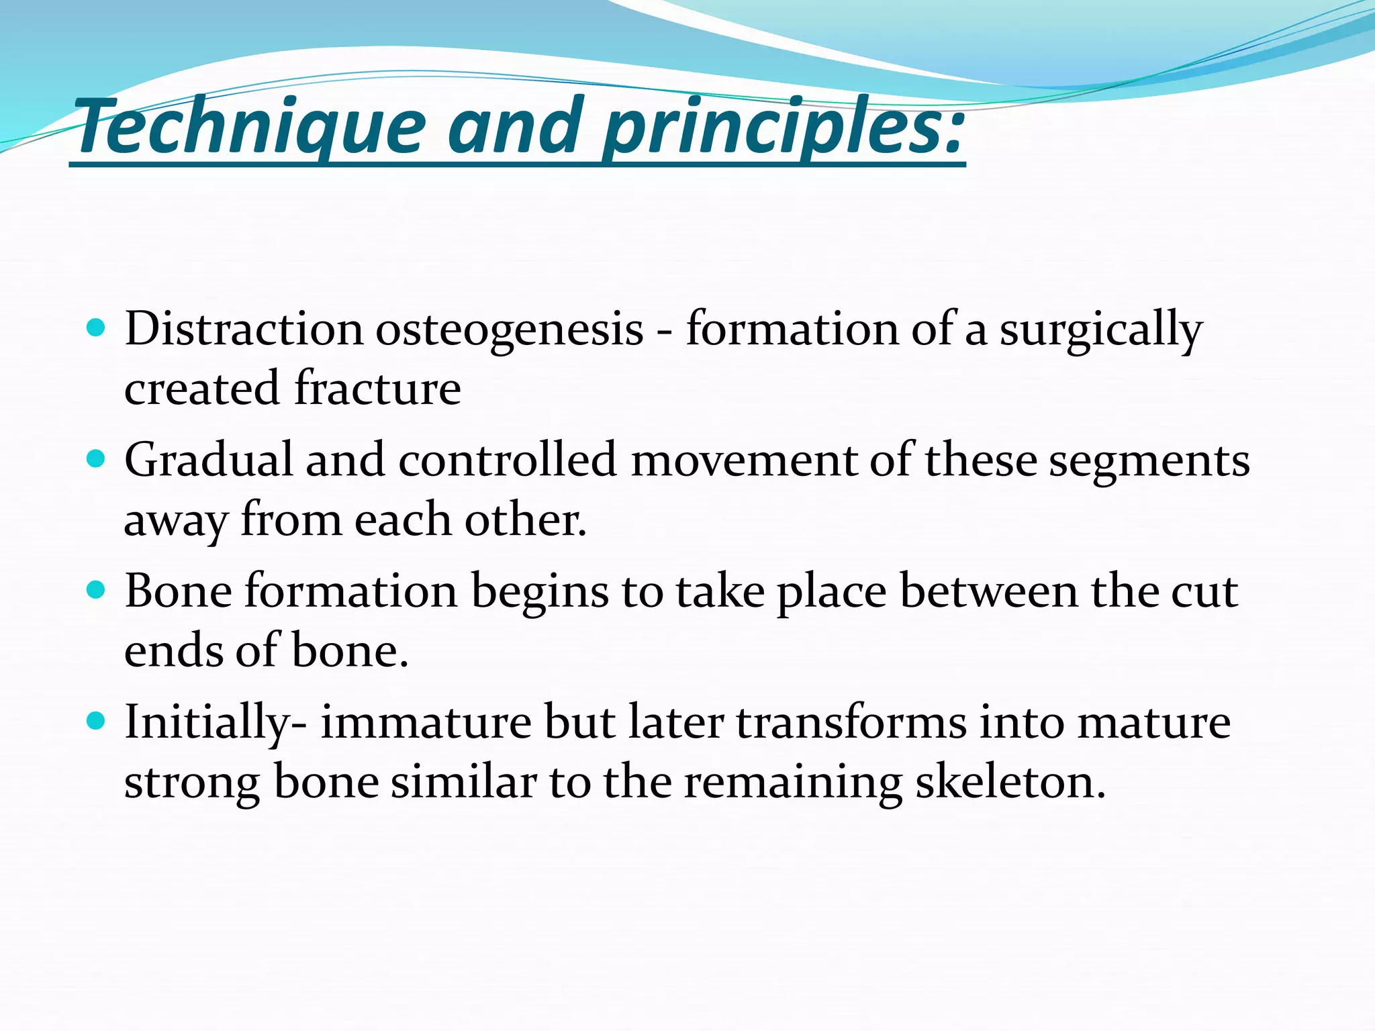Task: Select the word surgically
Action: point(1101,330)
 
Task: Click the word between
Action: point(988,592)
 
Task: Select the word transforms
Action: point(851,723)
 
